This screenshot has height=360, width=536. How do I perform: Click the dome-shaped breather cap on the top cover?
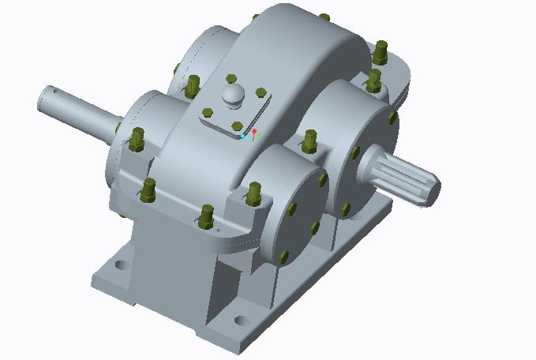coord(234,94)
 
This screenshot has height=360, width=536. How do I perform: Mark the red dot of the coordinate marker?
coord(254,131)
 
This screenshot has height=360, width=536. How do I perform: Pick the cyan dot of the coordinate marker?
coord(243,137)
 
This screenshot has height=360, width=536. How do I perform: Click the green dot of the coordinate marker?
coord(258,136)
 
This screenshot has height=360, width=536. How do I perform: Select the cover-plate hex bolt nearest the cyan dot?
coord(238,126)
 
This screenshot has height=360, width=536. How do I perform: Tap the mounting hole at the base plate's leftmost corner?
coord(122,264)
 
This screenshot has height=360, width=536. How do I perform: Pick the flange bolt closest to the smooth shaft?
coord(137,139)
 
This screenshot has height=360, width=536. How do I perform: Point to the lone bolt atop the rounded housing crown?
coord(324,17)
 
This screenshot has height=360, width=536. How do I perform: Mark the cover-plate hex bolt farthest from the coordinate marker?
coord(231,79)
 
